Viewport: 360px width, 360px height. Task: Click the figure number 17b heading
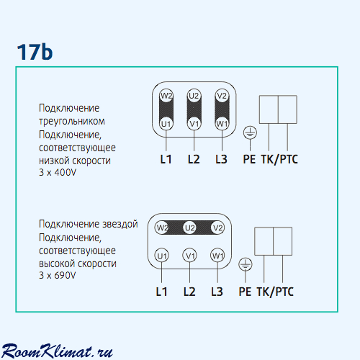[x=35, y=52]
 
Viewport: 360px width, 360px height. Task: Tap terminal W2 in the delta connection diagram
[x=166, y=96]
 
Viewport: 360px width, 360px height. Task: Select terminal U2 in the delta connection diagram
[x=194, y=96]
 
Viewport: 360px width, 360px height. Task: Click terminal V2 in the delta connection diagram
[x=222, y=96]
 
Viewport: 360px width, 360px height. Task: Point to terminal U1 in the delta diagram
[x=166, y=124]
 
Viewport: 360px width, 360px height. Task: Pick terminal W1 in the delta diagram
[x=222, y=124]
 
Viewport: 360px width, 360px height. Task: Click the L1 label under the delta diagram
[x=166, y=159]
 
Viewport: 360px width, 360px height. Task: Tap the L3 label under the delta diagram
[x=221, y=159]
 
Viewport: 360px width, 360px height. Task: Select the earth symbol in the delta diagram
[x=250, y=132]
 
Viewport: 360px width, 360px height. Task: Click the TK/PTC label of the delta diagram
[x=279, y=159]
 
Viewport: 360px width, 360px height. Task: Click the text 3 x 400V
[x=58, y=172]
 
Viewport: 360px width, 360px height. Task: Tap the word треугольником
[x=72, y=121]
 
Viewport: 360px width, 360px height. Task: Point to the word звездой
[x=120, y=224]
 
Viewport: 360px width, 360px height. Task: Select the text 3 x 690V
[x=58, y=275]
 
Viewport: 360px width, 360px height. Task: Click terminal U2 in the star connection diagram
[x=189, y=228]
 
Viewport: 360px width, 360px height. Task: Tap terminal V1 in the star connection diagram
[x=189, y=256]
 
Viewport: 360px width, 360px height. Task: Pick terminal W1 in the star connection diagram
[x=217, y=256]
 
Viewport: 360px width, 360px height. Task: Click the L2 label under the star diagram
[x=189, y=292]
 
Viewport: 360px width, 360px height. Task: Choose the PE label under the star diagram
[x=245, y=292]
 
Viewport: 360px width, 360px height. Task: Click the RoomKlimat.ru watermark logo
[x=57, y=351]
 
